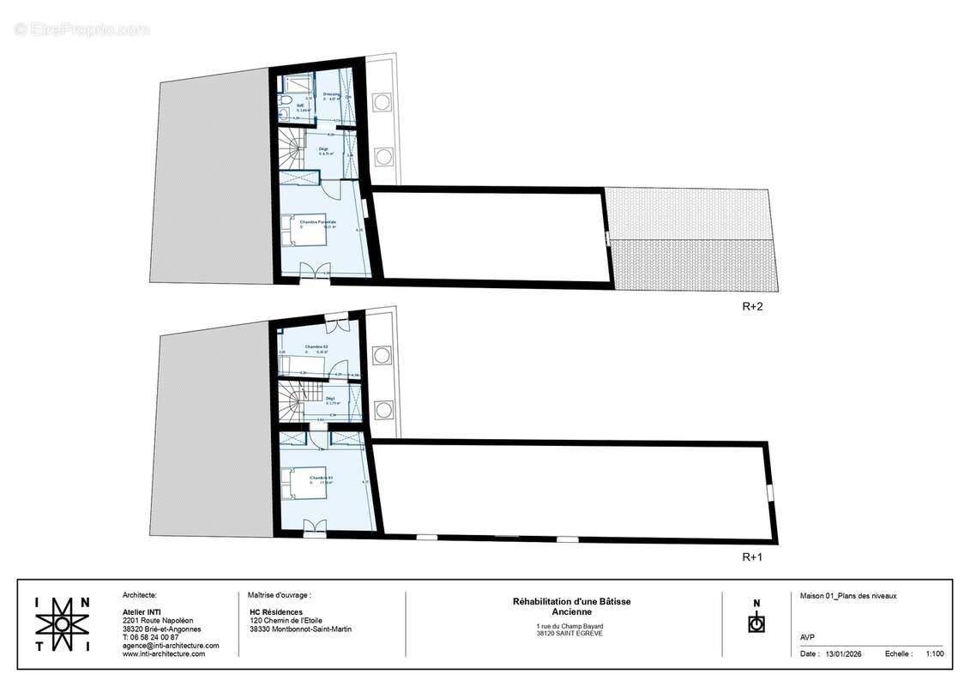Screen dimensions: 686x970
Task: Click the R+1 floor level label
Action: tap(752, 557)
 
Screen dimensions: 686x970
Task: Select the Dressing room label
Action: tap(331, 94)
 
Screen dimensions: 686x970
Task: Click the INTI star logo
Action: tap(62, 624)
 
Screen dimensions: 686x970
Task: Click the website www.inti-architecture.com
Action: tap(164, 654)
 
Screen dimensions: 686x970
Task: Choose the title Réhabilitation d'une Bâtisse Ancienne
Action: tap(571, 606)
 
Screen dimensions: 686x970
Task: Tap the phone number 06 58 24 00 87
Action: tap(155, 637)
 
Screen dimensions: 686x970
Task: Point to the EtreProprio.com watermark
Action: tap(81, 29)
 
